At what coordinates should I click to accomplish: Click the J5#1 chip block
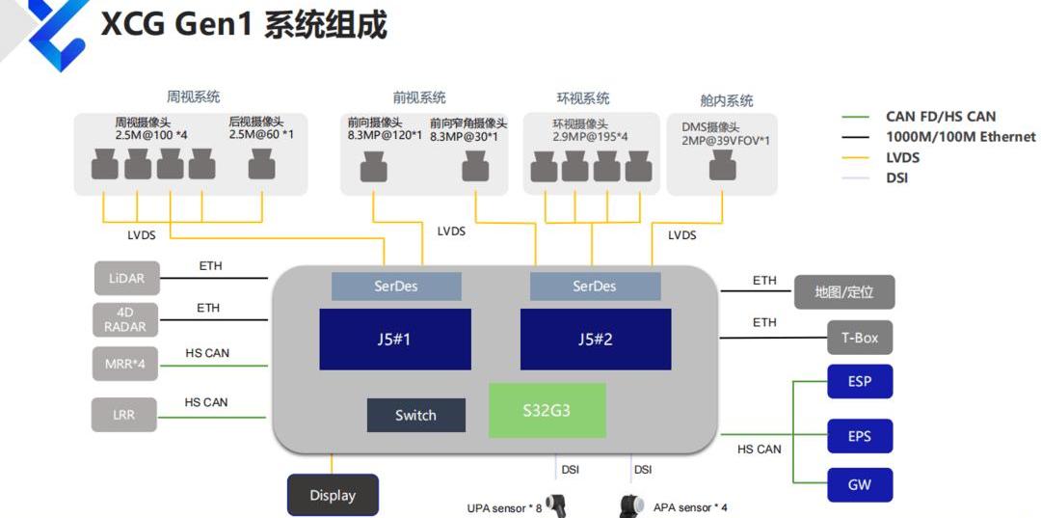pos(395,340)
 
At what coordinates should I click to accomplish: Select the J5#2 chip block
pos(596,340)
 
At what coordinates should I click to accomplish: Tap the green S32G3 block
pos(547,410)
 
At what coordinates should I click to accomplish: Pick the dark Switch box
pos(415,415)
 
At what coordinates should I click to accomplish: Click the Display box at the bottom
pos(333,495)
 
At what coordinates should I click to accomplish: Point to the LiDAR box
pos(126,278)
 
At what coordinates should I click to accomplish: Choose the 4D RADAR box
pos(126,319)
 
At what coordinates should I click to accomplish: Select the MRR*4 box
pos(126,365)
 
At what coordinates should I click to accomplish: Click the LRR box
pos(123,415)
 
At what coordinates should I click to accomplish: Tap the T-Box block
pos(860,338)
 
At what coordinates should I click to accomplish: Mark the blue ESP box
pos(860,381)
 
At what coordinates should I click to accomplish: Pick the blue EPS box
pos(860,436)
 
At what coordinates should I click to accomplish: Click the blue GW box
pos(860,484)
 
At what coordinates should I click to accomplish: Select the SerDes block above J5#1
pos(396,286)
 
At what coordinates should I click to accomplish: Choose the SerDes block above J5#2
pos(595,286)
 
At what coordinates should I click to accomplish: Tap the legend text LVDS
pos(902,157)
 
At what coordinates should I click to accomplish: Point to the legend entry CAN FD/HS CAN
pos(941,117)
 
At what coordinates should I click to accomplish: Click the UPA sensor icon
pos(556,504)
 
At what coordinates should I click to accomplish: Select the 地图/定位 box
pos(845,292)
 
